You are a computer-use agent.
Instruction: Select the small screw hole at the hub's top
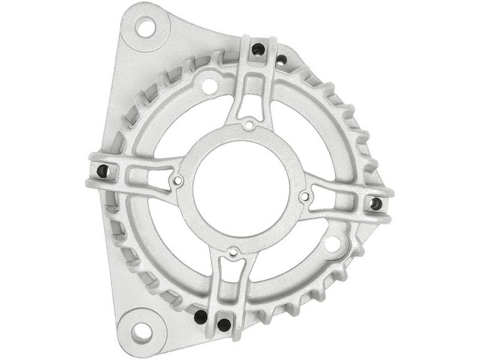(248, 125)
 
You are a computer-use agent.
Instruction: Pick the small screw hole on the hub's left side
(177, 180)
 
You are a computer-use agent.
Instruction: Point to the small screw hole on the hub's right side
(305, 196)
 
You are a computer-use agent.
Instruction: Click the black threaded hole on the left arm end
(101, 171)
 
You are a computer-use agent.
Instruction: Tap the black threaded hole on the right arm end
(376, 204)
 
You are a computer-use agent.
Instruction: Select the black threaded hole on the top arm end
(258, 49)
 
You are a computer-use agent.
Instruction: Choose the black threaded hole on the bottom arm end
(224, 325)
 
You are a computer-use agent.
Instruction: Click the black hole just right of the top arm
(281, 59)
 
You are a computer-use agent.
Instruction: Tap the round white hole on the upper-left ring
(209, 86)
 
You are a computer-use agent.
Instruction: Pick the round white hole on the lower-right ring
(332, 244)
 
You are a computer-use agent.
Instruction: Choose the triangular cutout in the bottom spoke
(230, 274)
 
